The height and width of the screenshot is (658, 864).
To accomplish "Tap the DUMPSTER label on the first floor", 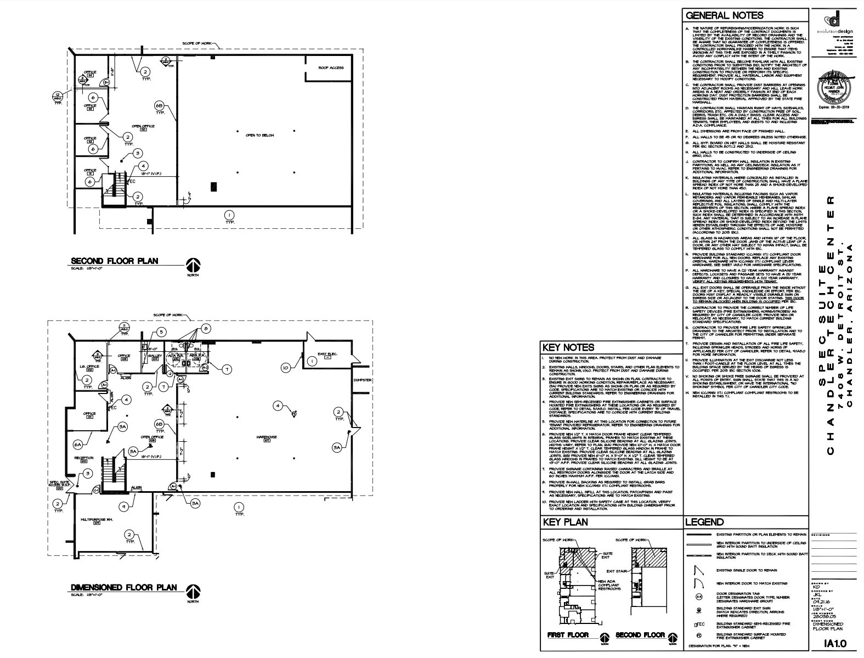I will (363, 380).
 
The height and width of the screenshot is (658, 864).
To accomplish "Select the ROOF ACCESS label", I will (331, 68).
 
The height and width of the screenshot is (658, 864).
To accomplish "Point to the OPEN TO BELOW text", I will (259, 135).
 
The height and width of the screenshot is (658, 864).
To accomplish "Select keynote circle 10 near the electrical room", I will (285, 368).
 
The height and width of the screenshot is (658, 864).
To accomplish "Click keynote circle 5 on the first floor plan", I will (161, 332).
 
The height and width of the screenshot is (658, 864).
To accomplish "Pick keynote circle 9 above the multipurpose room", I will (125, 507).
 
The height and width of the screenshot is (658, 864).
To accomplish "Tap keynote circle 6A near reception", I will (78, 444).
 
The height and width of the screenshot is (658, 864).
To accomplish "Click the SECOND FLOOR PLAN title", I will (114, 261).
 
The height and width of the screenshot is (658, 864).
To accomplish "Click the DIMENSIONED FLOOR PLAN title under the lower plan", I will (124, 588).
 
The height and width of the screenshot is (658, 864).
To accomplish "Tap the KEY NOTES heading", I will (568, 347).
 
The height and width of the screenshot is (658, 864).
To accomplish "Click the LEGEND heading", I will (704, 522).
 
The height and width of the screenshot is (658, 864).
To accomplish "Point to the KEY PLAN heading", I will (565, 522).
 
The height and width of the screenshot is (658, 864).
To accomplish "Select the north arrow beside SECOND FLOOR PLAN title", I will (193, 266).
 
